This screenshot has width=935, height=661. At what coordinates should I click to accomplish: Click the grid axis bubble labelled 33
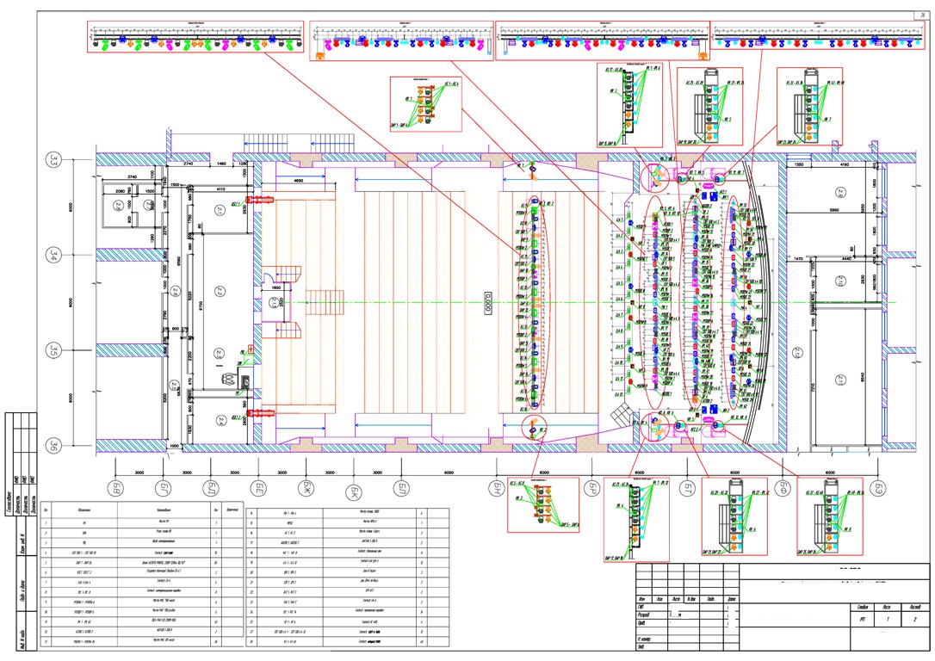coord(54,161)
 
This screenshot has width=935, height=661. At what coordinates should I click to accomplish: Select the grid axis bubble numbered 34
coord(54,255)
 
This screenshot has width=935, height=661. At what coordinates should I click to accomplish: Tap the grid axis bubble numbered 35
coord(54,351)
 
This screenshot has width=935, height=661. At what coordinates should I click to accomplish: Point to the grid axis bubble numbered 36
coord(54,445)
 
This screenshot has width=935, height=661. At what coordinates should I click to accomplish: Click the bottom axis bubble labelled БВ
coord(115,489)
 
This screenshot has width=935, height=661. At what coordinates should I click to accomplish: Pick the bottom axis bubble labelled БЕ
coord(258,489)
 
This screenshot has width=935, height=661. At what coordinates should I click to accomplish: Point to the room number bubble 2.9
coord(840,190)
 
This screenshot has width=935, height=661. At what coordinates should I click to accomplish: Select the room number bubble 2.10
coord(841,281)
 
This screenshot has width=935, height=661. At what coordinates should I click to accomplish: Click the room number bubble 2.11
coord(841,380)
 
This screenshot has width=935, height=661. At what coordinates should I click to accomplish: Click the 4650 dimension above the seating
coord(298,182)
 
